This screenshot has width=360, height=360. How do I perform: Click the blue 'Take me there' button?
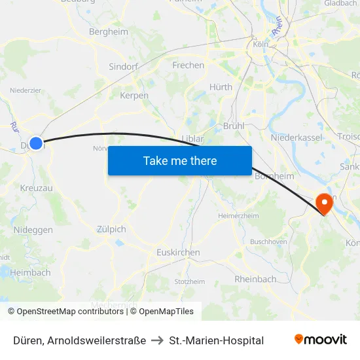180,160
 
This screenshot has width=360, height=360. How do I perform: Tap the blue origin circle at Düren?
36,143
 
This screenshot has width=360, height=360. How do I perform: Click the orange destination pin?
324,204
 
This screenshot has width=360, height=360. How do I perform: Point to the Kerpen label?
134,96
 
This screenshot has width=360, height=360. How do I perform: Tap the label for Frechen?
188,65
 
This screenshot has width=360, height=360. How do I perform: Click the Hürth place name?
221,86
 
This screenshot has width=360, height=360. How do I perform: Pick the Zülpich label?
111,229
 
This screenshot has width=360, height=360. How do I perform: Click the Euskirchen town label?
178,252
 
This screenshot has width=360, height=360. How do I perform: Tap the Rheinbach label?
255,279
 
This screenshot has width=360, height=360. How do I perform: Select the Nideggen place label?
34,230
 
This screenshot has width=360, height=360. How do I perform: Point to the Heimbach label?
30,272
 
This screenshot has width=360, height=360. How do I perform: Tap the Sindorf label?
124,67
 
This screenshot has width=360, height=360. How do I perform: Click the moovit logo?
320,340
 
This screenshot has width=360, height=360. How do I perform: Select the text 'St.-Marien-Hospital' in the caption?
216,340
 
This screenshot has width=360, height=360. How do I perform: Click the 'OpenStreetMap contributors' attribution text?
70,312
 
